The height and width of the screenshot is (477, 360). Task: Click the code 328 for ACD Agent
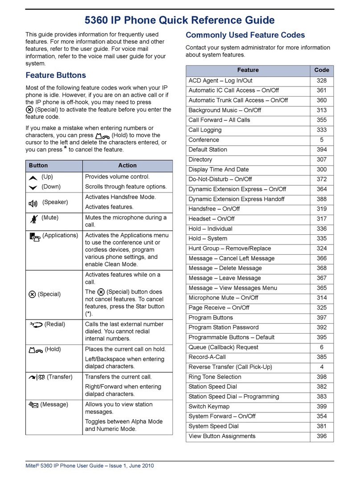(x=322, y=81)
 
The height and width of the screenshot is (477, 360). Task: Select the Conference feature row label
(x=204, y=140)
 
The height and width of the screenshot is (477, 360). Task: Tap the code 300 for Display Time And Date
(x=322, y=169)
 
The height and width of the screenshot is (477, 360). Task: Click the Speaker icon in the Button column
(x=33, y=203)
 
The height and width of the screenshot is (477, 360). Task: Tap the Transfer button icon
(x=36, y=377)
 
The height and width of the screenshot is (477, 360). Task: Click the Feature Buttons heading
(x=56, y=75)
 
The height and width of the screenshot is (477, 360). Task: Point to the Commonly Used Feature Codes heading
(x=245, y=35)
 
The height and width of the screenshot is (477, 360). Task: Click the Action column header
(x=127, y=165)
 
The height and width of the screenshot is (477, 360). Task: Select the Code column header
(x=322, y=70)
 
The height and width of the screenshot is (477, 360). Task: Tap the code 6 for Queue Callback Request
(x=322, y=347)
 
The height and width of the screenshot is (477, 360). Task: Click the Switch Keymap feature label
(x=209, y=406)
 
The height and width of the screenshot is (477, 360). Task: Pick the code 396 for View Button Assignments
(x=322, y=436)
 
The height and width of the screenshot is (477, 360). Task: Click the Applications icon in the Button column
(x=33, y=236)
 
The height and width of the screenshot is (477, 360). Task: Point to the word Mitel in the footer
(x=33, y=466)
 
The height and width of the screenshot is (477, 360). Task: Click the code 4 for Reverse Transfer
(x=322, y=367)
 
